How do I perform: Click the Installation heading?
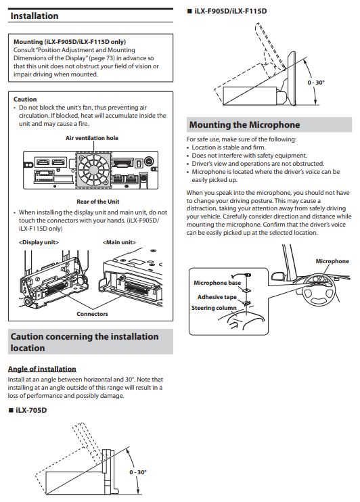point(35,16)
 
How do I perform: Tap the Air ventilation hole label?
point(92,138)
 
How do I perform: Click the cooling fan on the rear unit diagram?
point(93,170)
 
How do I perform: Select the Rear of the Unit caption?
point(97,202)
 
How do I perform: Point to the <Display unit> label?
point(39,242)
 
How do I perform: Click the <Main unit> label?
point(119,242)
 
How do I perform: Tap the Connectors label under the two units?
point(92,314)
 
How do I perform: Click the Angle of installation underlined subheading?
point(42,369)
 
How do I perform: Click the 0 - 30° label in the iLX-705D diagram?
point(138,472)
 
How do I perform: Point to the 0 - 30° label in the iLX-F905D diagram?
point(316,83)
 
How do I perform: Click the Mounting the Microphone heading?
point(245,124)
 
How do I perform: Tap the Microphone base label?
point(217,283)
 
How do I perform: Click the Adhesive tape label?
point(217,297)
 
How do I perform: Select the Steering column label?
point(214,308)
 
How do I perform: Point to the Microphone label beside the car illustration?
point(332,261)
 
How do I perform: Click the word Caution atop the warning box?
point(25,99)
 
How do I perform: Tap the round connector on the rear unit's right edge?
point(149,161)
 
